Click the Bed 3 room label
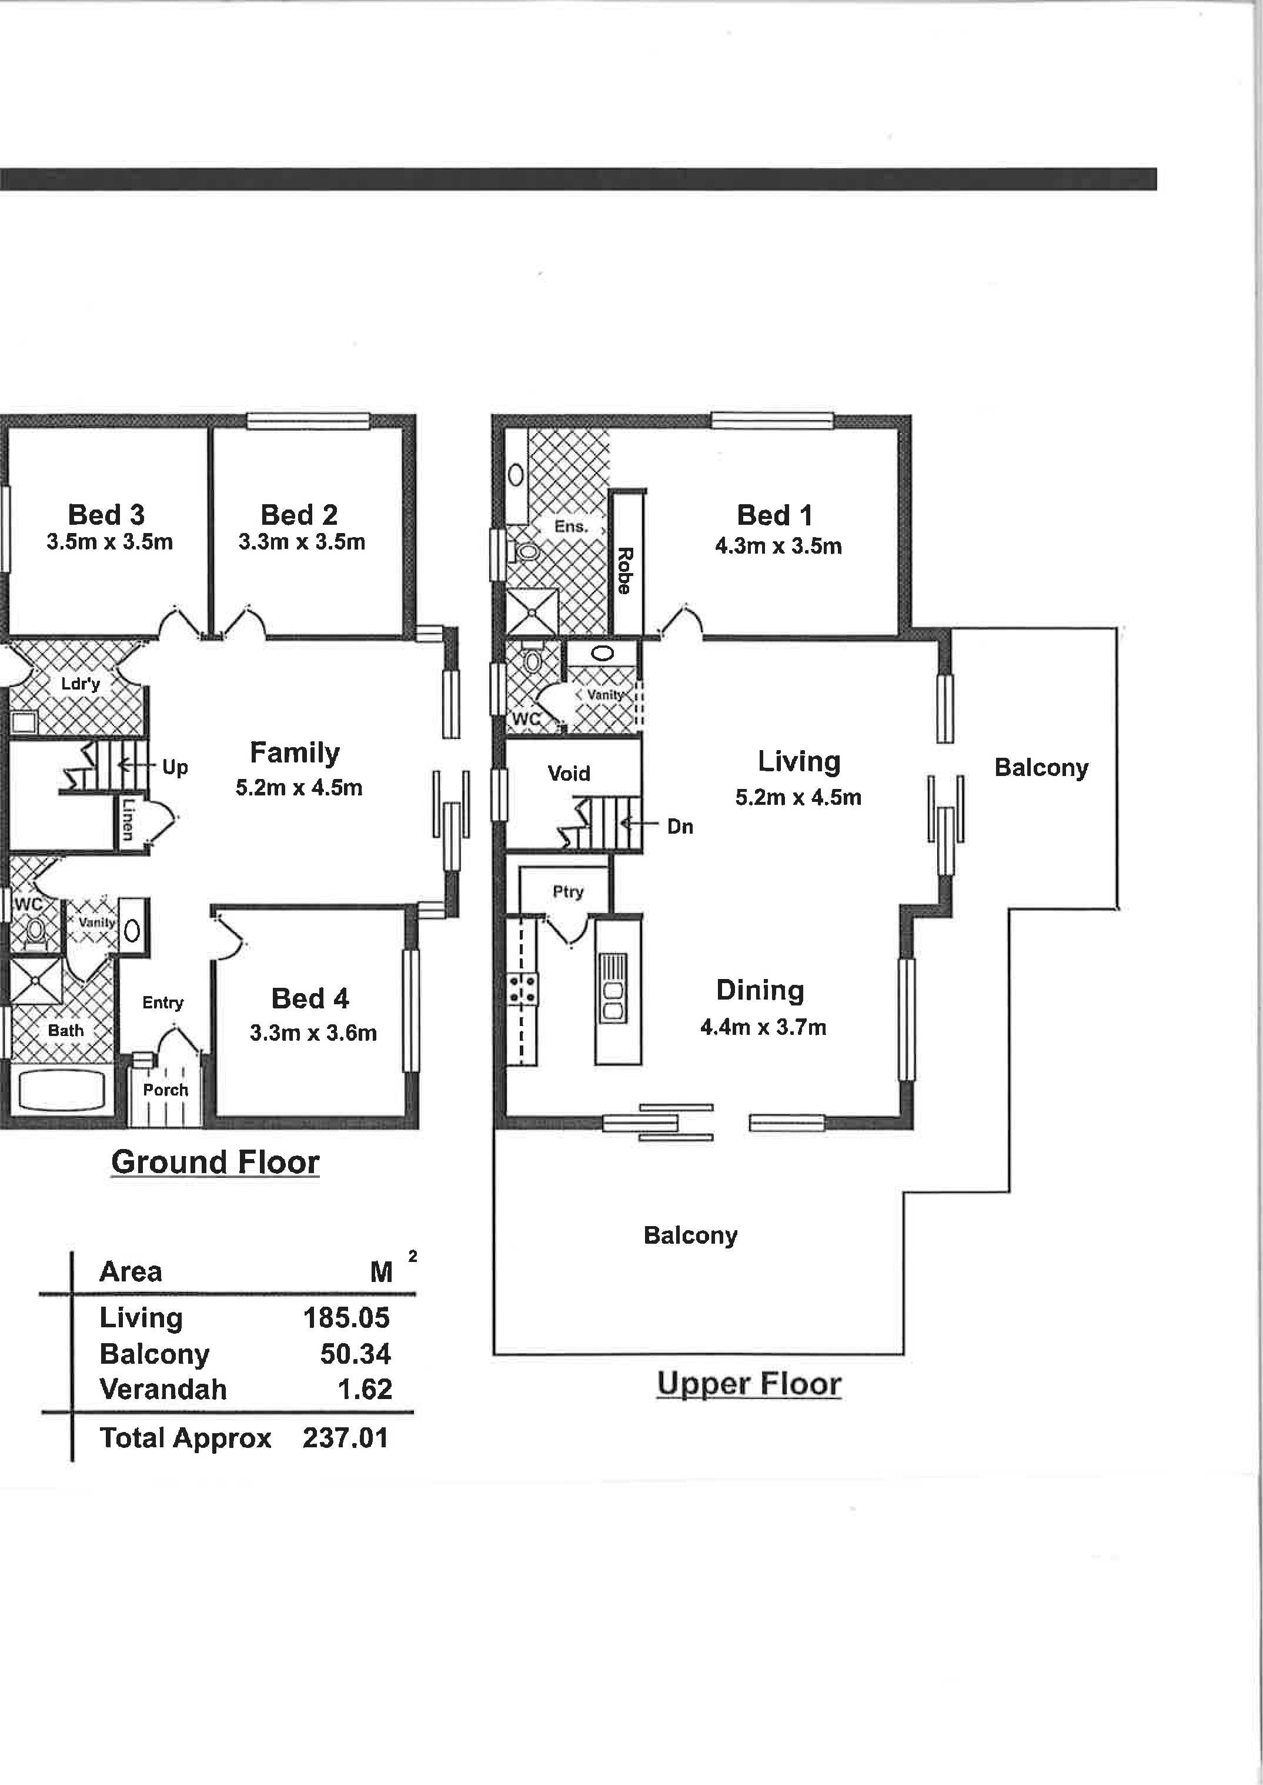click(x=106, y=514)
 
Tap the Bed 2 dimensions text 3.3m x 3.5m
click(x=302, y=542)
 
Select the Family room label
click(x=295, y=753)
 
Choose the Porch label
click(x=166, y=1090)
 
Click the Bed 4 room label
click(x=310, y=998)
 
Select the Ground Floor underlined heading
click(x=215, y=1163)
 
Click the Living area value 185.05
click(x=346, y=1317)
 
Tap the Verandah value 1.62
click(x=365, y=1389)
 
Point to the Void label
click(x=569, y=774)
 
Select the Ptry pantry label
click(x=568, y=892)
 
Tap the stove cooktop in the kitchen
click(x=523, y=989)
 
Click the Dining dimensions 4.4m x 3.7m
click(x=763, y=1027)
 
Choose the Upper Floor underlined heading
click(x=749, y=1384)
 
